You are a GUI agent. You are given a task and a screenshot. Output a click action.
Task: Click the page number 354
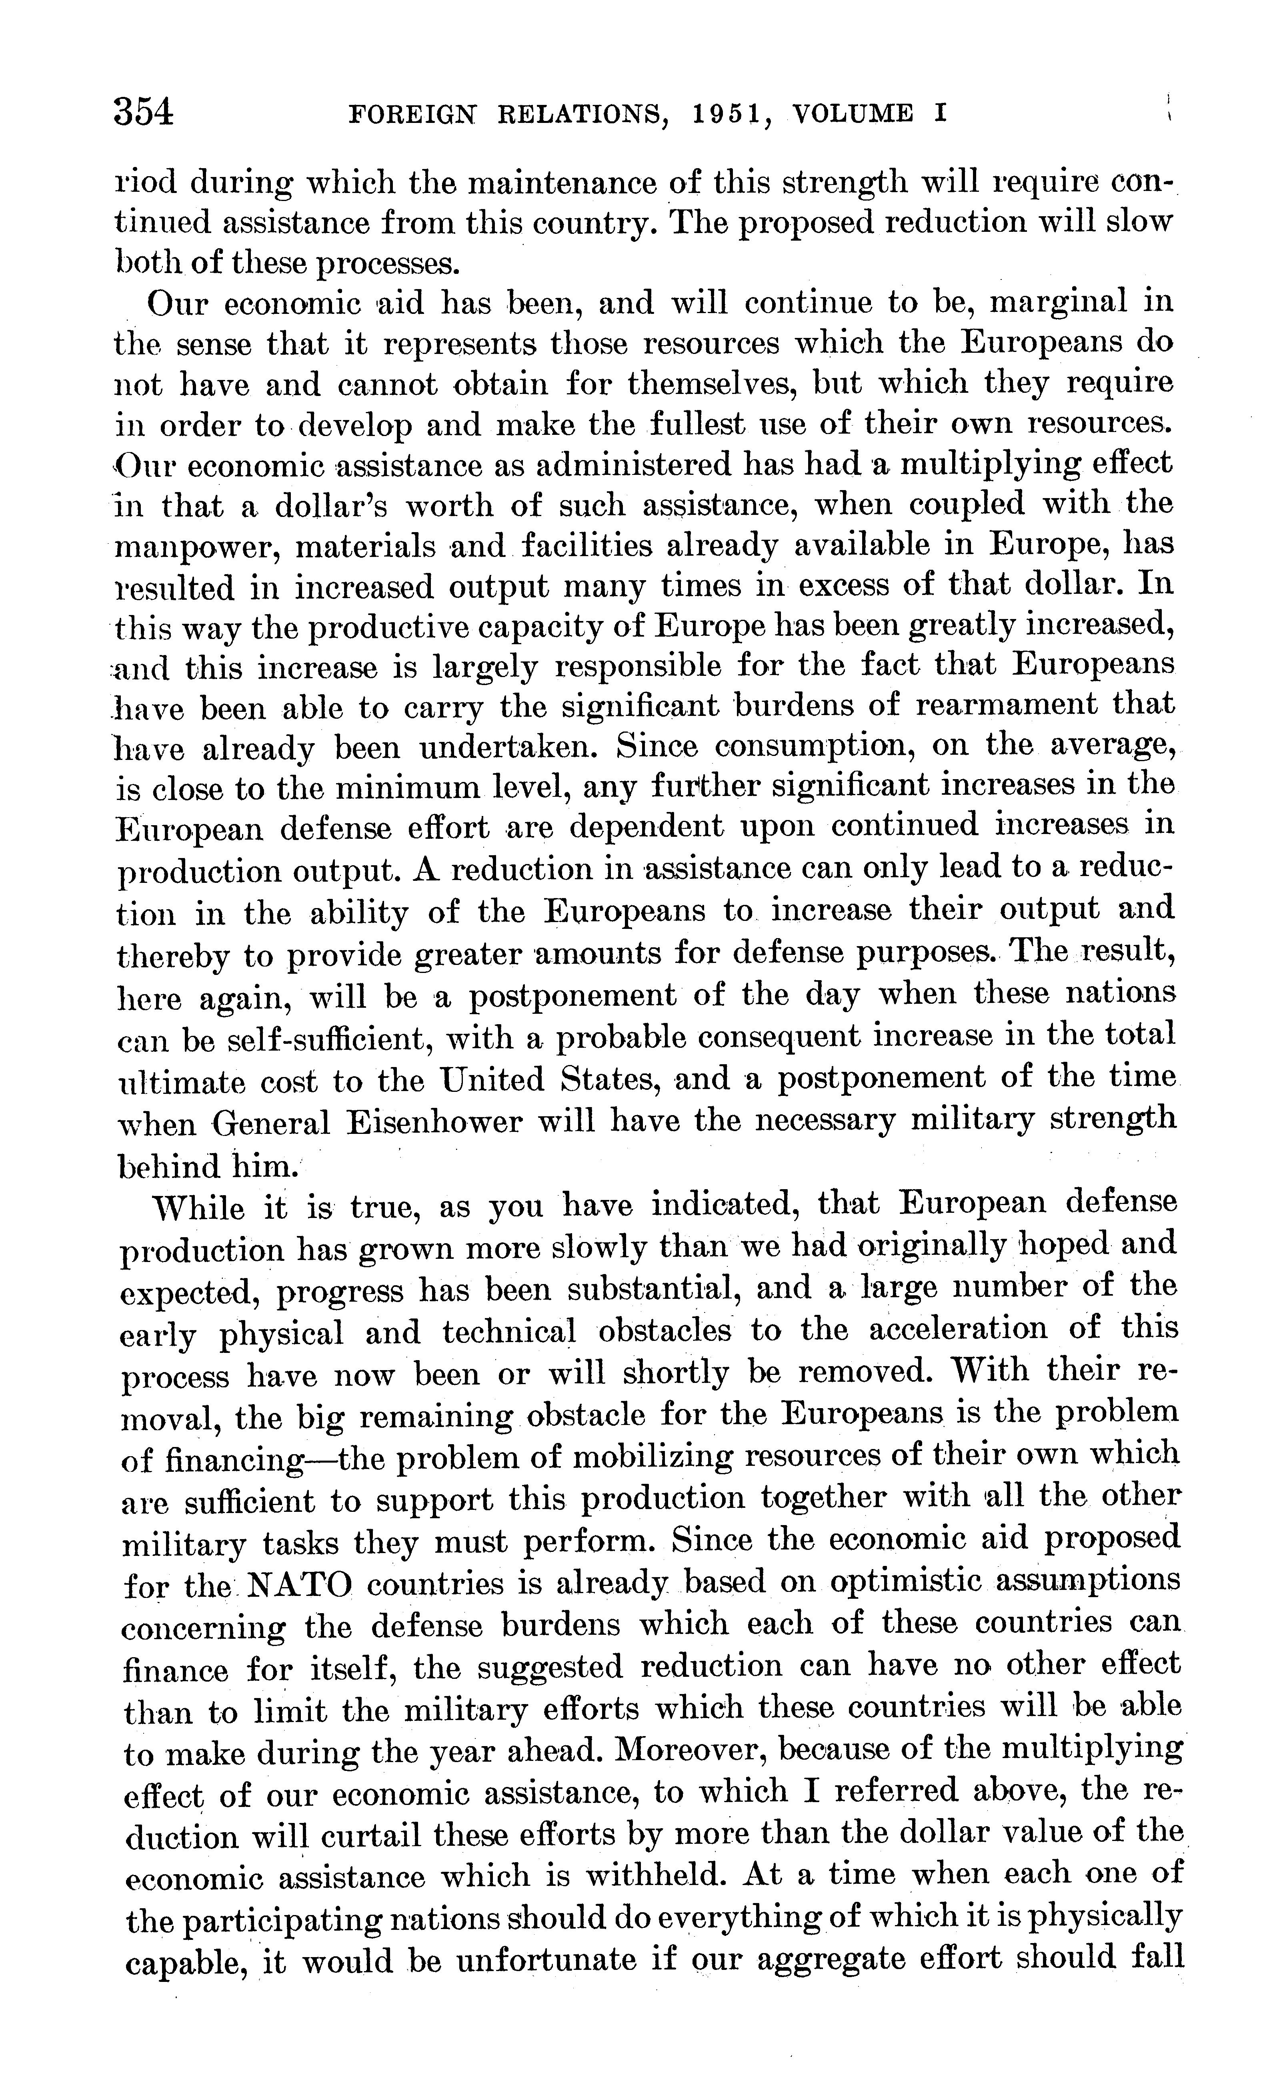[144, 112]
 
